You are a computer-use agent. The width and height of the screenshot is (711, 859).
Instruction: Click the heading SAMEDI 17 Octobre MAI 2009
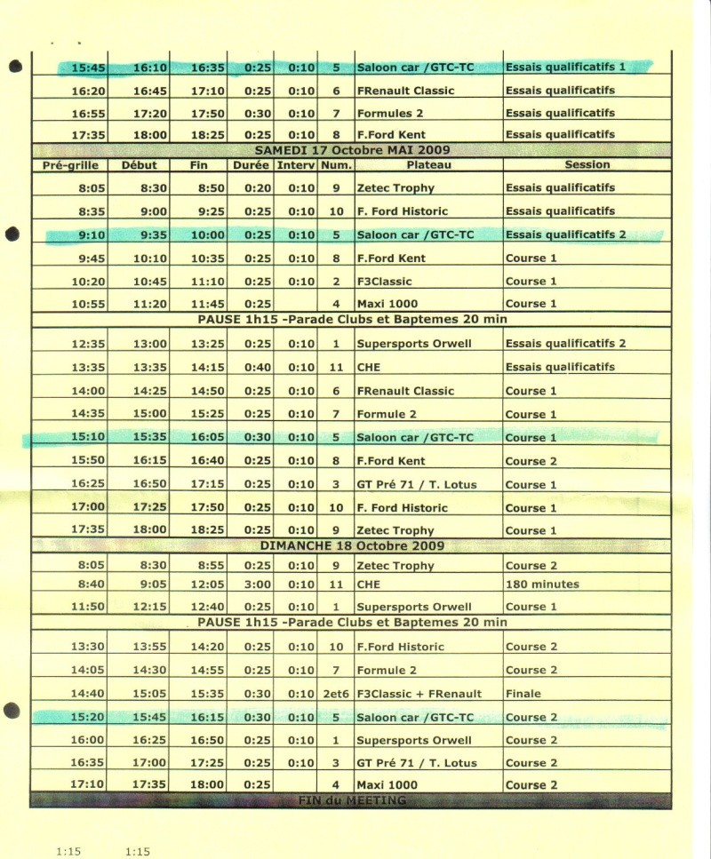[355, 149]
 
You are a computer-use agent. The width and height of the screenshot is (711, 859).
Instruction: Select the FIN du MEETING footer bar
[353, 800]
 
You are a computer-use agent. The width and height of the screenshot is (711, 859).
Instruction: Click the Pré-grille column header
[71, 165]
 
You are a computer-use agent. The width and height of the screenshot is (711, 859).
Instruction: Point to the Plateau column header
[428, 165]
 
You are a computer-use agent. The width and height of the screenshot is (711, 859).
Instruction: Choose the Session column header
[587, 164]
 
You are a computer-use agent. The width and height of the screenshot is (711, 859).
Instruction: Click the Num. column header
[336, 165]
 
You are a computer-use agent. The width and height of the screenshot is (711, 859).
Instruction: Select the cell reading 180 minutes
[542, 585]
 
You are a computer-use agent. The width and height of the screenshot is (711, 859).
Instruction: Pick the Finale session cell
[523, 694]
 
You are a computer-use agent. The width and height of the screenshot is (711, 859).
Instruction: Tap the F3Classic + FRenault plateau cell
[419, 694]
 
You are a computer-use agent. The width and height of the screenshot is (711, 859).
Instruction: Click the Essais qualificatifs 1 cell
[565, 67]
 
